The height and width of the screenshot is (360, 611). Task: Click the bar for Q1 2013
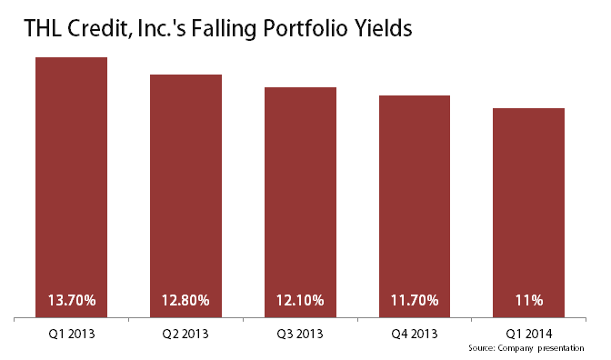(72, 182)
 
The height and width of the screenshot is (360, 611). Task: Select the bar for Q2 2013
(186, 191)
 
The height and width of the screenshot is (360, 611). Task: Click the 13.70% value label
(72, 300)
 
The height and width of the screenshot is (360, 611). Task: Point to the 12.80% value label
(186, 300)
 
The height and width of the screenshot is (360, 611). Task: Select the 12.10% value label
(301, 300)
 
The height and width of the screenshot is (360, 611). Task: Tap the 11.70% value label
(415, 300)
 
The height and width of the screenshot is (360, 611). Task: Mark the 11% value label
(529, 300)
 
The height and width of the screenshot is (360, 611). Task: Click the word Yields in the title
(384, 29)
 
